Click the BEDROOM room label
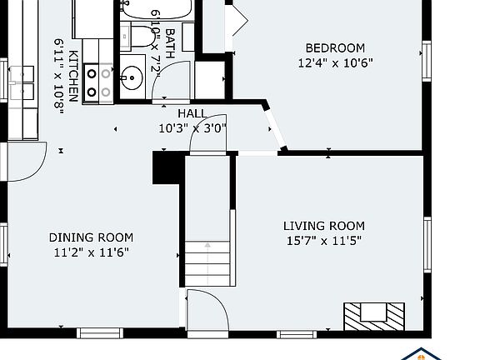335,48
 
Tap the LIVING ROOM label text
324,226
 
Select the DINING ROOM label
91,237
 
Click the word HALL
192,113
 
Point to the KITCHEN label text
74,76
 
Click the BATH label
170,43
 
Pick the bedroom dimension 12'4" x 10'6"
336,63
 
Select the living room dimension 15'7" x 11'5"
324,241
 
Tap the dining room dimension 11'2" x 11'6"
91,252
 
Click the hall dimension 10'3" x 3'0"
192,128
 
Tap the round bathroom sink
132,78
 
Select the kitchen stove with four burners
98,83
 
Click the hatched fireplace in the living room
374,317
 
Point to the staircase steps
207,263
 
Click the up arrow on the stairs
207,245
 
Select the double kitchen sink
22,83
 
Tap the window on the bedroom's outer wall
427,61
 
